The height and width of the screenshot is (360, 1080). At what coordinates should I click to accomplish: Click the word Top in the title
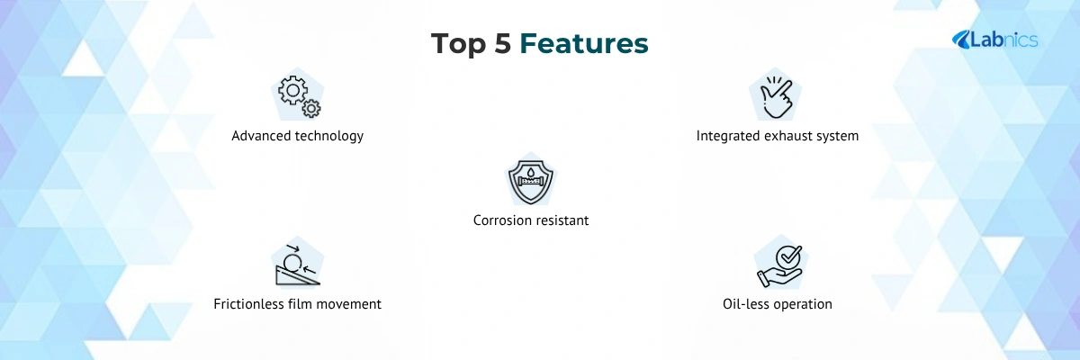(x=459, y=44)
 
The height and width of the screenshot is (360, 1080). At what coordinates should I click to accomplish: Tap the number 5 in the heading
(x=503, y=43)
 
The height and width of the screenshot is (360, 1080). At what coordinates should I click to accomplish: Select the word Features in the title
(x=584, y=43)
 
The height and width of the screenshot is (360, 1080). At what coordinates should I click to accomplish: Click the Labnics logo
(x=994, y=40)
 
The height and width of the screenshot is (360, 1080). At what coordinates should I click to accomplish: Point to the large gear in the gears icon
(x=292, y=90)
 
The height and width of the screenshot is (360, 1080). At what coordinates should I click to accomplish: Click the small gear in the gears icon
(x=311, y=108)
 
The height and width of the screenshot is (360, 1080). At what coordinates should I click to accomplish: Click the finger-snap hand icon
(x=775, y=97)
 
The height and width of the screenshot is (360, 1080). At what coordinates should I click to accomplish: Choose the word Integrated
(x=727, y=137)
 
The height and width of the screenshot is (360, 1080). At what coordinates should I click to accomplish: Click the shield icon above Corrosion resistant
(x=531, y=182)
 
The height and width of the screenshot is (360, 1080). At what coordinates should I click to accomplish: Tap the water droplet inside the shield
(x=531, y=172)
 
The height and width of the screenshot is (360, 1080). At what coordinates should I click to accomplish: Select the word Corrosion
(x=501, y=220)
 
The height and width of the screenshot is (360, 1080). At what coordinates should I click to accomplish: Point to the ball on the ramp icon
(x=292, y=264)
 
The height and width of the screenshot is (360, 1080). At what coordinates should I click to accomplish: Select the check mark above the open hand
(x=790, y=255)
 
